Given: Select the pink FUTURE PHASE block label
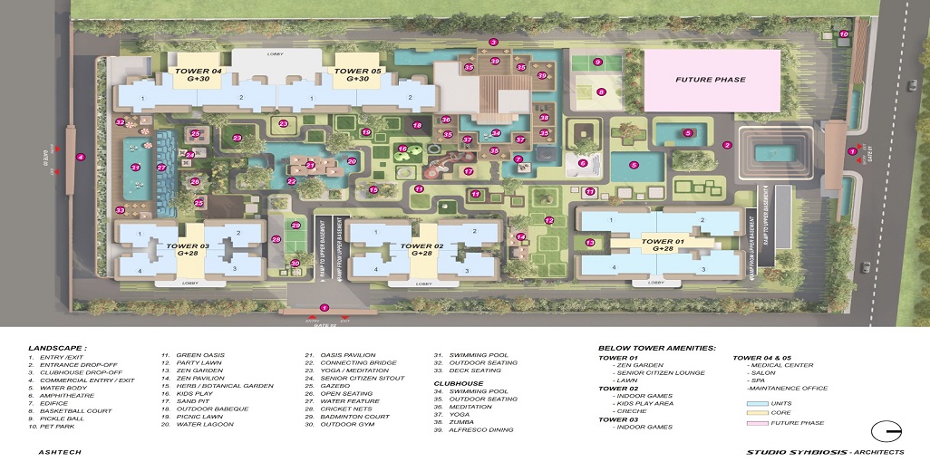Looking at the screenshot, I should tap(711, 80).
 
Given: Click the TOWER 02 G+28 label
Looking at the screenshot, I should tap(421, 249).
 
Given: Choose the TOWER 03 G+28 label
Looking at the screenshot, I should tap(187, 249).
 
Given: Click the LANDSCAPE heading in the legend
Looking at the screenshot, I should tap(57, 348).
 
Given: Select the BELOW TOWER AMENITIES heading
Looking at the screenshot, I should tap(657, 348).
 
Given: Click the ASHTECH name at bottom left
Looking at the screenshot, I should tap(56, 450).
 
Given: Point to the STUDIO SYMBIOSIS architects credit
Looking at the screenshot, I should tap(825, 451).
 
